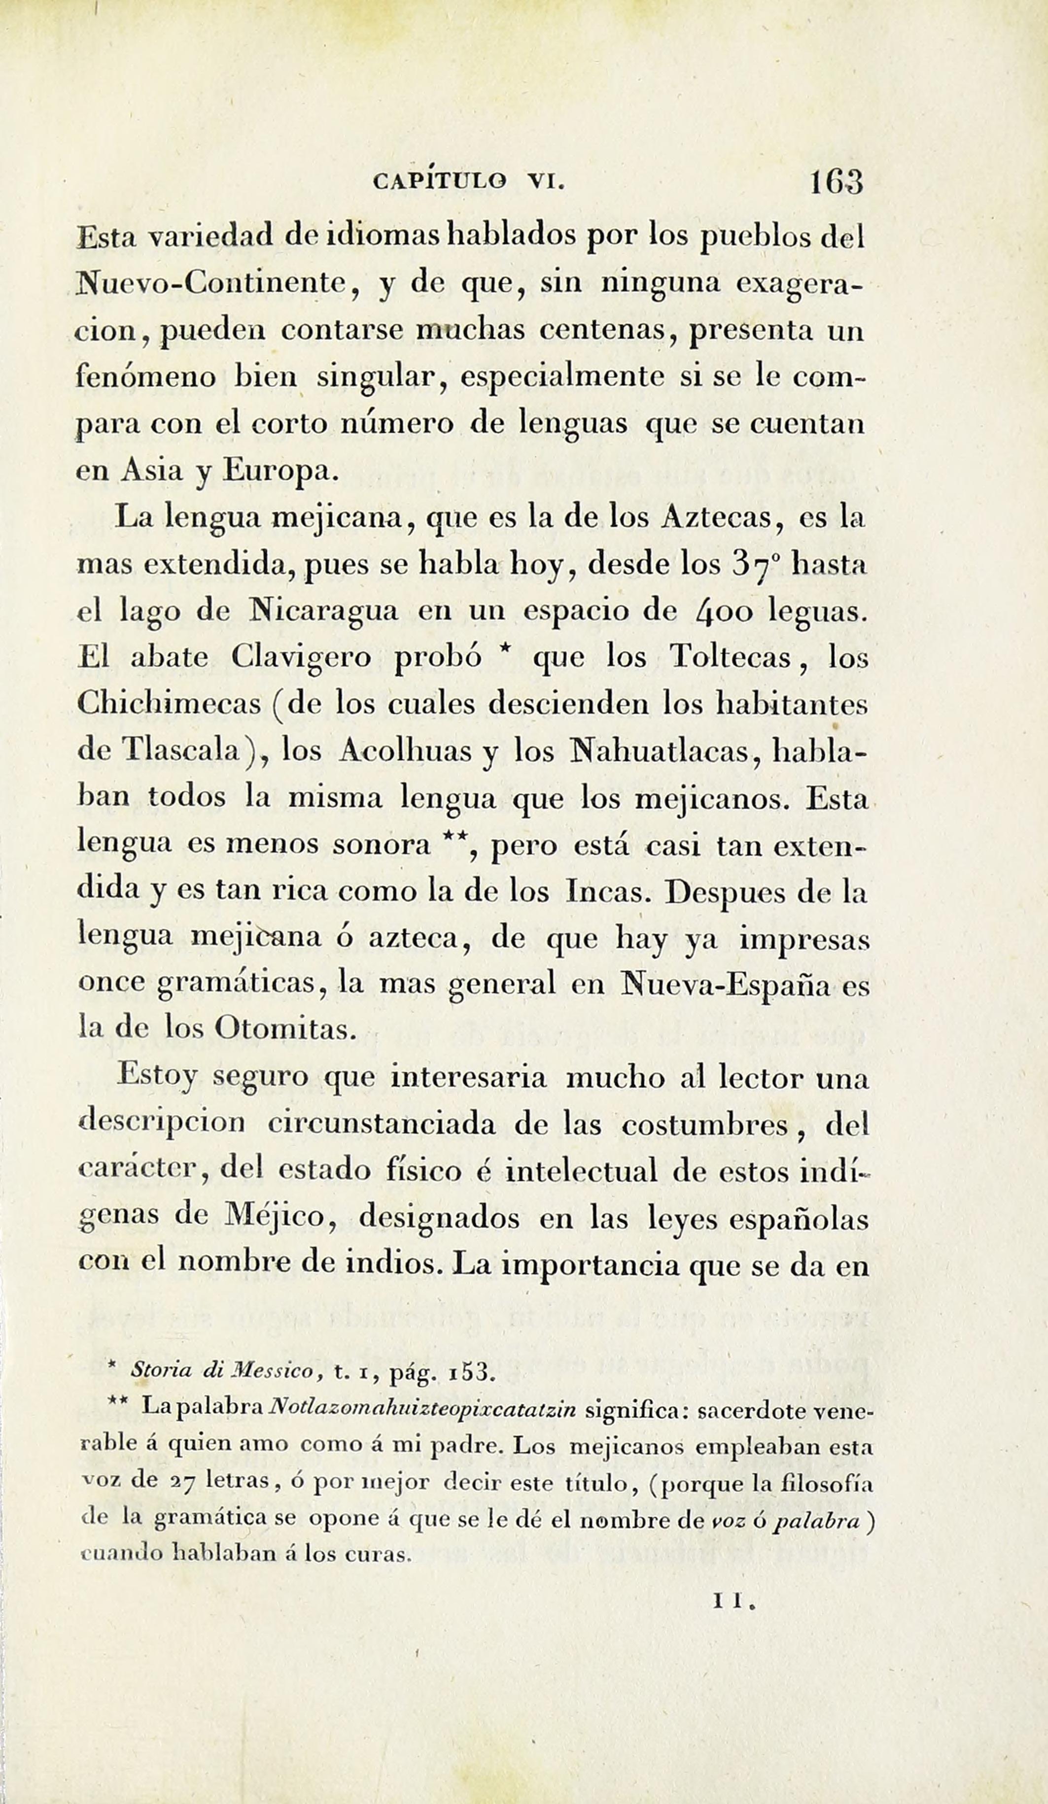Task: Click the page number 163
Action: tap(837, 183)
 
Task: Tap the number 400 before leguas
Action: tap(722, 612)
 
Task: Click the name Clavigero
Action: tap(301, 658)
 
